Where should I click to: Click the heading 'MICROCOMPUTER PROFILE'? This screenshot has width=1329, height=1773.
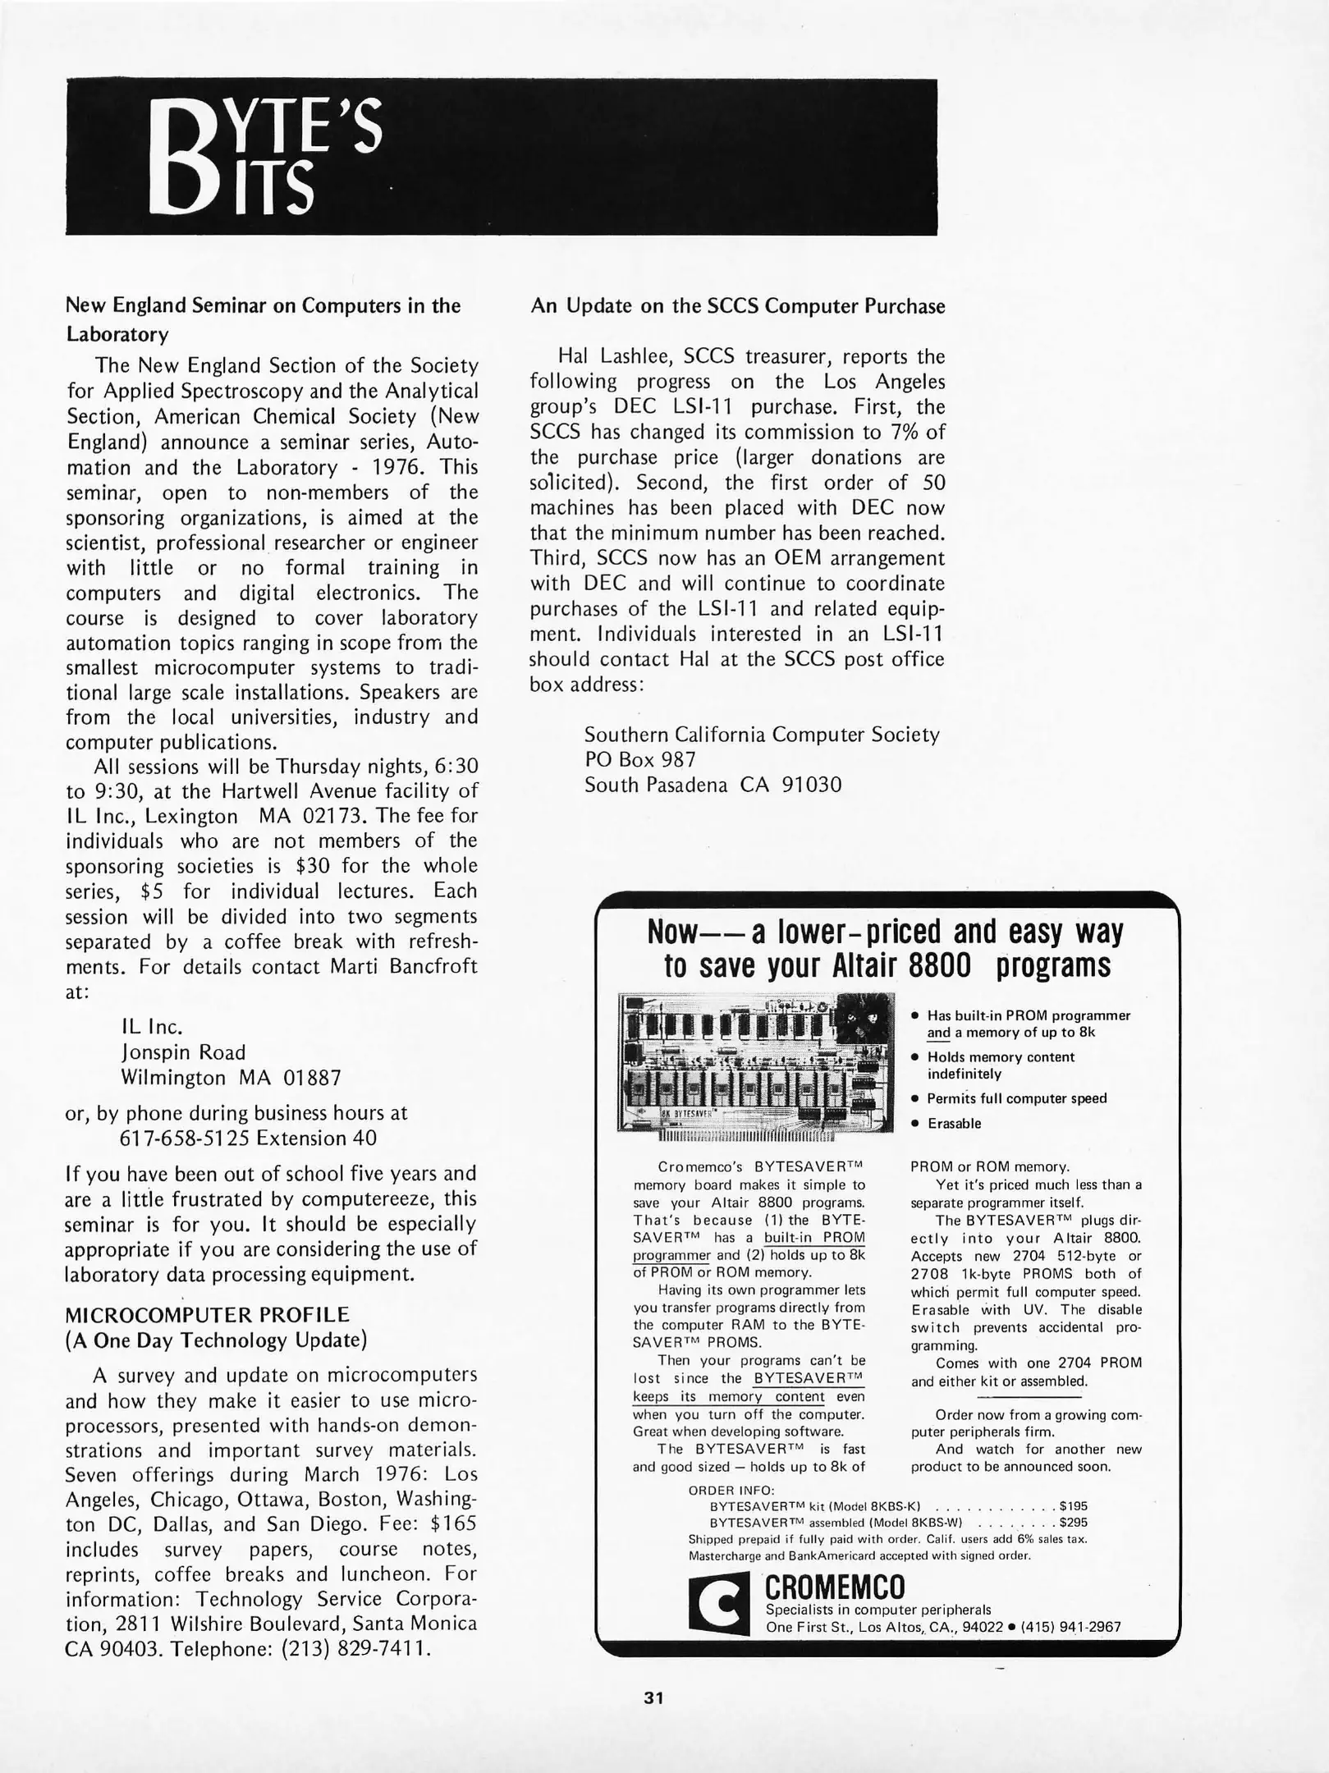207,1314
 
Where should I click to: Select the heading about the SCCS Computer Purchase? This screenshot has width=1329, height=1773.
737,306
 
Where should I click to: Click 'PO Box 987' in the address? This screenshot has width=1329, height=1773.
640,760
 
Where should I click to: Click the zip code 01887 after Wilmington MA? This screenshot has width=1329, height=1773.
312,1077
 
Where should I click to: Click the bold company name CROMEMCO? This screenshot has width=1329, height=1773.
835,1584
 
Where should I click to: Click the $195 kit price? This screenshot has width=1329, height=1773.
1073,1506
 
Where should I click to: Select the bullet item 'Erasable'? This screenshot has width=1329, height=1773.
954,1124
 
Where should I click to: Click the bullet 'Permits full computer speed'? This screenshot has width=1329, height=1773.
1016,1098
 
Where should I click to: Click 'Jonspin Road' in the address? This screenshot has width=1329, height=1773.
183,1052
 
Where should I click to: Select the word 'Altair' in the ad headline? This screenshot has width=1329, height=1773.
858,966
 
